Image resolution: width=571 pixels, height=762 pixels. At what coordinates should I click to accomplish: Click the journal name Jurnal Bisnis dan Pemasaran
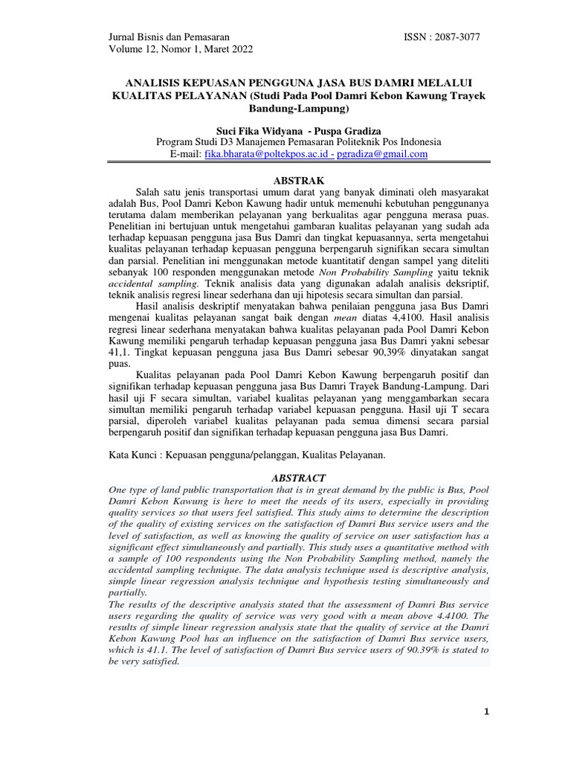click(x=169, y=36)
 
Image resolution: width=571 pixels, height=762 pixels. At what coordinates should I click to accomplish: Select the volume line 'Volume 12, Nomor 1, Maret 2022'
click(x=181, y=50)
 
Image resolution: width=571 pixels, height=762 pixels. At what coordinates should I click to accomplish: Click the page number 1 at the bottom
click(x=487, y=712)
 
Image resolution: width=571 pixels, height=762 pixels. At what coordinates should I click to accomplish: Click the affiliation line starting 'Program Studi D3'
click(x=298, y=141)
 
